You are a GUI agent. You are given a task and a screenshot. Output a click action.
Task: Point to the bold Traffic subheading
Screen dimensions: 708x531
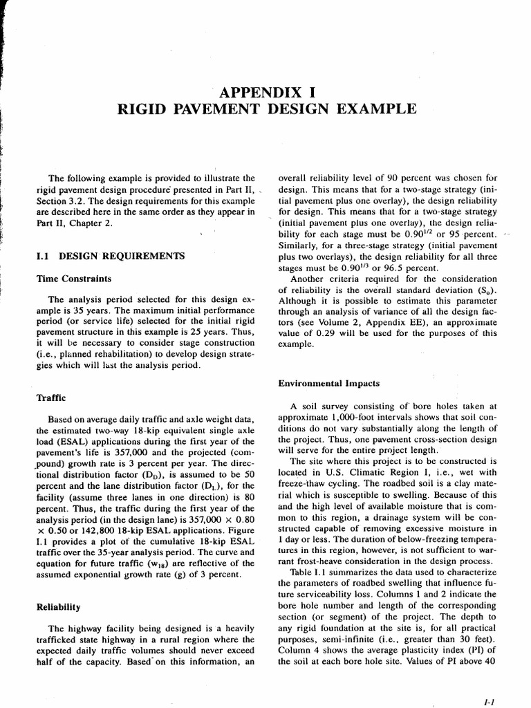click(51, 398)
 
